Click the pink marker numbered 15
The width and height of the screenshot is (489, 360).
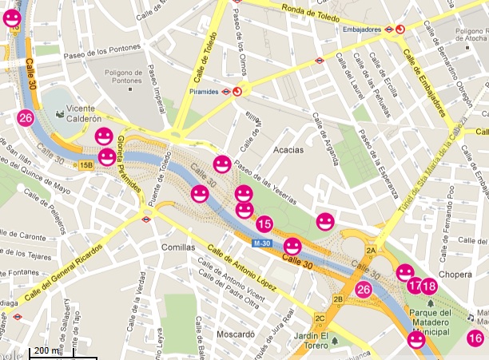coord(264,224)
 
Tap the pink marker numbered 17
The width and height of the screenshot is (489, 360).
coord(414,286)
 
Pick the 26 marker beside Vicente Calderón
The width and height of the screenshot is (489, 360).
coord(26,118)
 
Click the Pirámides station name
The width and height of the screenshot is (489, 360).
coord(204,92)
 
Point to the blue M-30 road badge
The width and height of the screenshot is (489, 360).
coord(262,243)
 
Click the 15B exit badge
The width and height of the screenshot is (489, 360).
coord(85,165)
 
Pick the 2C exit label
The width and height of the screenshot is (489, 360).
coord(320,319)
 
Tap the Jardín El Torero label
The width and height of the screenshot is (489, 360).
coord(312,339)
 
